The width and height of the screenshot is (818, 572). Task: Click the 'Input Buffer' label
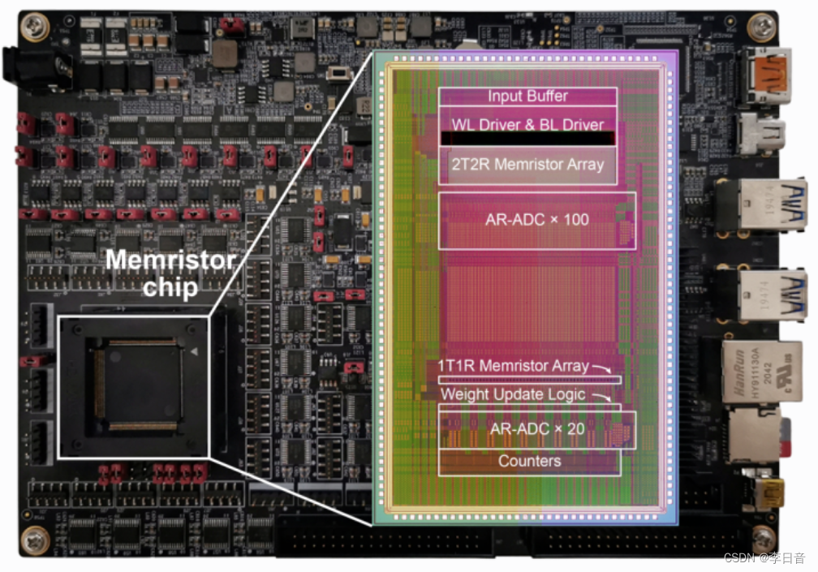tap(527, 97)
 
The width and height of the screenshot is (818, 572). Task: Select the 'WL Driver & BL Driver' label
tap(527, 125)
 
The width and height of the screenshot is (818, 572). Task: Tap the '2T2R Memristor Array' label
tap(527, 164)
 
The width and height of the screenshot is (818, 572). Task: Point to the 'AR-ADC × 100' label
tap(537, 219)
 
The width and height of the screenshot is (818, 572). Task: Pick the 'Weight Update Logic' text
tap(513, 394)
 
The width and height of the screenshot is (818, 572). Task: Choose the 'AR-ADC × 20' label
tap(536, 428)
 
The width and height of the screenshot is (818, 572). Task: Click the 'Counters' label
tap(529, 461)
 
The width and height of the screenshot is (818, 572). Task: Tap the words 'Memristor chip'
tap(171, 274)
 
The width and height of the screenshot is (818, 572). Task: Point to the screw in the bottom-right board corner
tap(763, 537)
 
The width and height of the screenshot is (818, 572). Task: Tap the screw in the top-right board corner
tap(761, 28)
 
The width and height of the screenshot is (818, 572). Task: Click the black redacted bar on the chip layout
tap(527, 139)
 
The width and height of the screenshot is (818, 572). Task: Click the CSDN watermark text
tap(764, 558)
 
